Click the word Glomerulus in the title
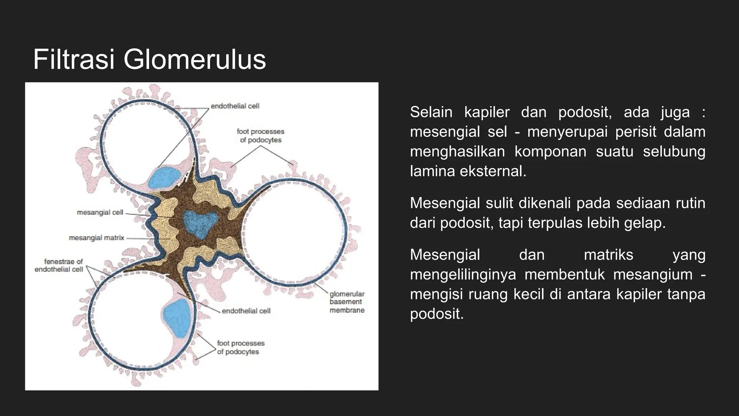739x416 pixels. tap(194, 60)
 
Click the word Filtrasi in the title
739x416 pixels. tap(74, 60)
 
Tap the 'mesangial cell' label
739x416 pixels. tap(100, 212)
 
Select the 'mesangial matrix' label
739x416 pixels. tap(96, 238)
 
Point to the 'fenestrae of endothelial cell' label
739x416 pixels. tap(59, 265)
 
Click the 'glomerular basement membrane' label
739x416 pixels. tap(347, 302)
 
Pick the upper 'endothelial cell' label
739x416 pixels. tap(235, 106)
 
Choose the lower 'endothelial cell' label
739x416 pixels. tap(246, 311)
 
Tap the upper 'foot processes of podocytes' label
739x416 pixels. tap(261, 136)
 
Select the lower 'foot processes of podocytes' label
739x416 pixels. tap(241, 347)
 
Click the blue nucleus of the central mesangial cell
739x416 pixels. tap(200, 224)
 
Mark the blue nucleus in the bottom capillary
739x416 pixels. tap(177, 318)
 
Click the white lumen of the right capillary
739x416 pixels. tap(292, 231)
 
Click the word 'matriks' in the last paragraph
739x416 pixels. tap(608, 255)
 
